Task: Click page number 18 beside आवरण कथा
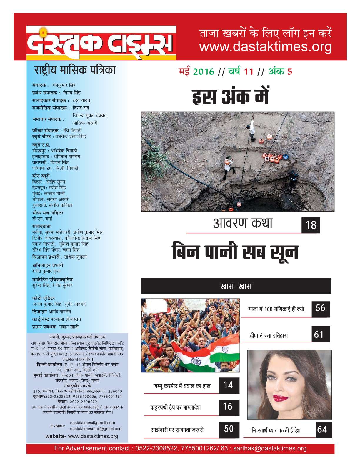311,225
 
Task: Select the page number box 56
320,308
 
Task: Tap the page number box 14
228,385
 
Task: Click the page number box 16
228,407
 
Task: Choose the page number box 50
229,429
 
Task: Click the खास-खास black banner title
236,286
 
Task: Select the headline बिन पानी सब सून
235,251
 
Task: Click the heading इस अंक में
230,96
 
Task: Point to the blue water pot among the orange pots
285,157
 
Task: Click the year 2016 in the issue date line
203,71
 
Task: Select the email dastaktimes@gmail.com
92,423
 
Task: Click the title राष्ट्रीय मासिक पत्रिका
75,70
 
